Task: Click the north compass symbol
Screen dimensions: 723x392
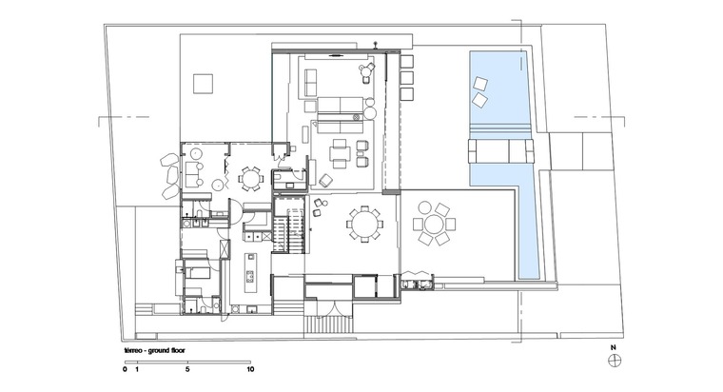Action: (615, 361)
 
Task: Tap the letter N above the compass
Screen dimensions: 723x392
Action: (614, 347)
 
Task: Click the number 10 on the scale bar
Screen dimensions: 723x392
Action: (250, 369)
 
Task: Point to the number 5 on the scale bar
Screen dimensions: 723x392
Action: (187, 369)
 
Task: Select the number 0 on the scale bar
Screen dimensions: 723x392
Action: (125, 369)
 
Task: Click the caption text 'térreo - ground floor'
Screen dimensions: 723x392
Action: (154, 350)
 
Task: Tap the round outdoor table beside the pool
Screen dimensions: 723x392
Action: (434, 225)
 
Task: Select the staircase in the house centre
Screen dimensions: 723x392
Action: (289, 229)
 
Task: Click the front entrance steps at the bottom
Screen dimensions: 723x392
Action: (329, 323)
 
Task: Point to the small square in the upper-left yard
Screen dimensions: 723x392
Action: (203, 84)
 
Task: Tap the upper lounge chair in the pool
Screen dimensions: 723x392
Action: (480, 85)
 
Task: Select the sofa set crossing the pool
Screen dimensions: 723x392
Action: (500, 150)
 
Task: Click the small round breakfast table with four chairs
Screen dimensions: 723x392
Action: (250, 179)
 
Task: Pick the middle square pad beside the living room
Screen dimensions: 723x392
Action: (407, 77)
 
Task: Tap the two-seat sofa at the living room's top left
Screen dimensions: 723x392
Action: (311, 82)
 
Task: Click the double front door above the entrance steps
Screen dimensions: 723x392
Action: (329, 306)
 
